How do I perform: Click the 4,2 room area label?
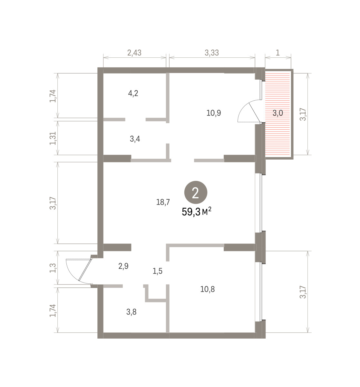(133, 93)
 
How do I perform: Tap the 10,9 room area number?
(214, 113)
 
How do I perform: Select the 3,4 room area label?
(135, 139)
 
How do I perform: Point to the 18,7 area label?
(163, 202)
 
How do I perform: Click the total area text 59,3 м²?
(197, 212)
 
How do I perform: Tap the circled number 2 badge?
(196, 193)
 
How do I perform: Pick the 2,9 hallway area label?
(123, 266)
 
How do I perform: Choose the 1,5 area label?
(157, 271)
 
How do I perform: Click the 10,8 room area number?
(208, 289)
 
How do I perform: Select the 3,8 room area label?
(131, 312)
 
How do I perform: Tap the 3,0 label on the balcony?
(277, 113)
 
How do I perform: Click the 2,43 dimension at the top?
(134, 53)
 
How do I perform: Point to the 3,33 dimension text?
(212, 53)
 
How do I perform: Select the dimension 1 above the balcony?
(278, 53)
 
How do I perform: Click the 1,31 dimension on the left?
(53, 138)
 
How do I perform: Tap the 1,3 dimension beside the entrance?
(53, 268)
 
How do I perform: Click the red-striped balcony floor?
(278, 114)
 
